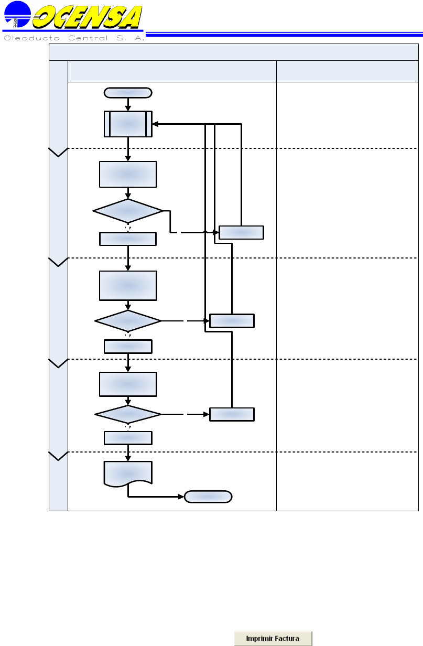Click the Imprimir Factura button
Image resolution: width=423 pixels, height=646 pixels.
[x=273, y=638]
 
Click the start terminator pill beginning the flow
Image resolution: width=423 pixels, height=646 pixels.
[x=128, y=93]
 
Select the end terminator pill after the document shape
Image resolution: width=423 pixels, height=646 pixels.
[x=208, y=496]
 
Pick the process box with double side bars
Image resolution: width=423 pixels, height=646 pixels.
[x=128, y=124]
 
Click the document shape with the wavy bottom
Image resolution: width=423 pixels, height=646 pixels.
[x=128, y=473]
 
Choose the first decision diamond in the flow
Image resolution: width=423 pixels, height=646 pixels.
[x=128, y=211]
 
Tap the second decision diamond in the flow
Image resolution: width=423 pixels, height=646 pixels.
[x=128, y=320]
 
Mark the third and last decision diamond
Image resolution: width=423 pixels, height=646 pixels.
[x=128, y=414]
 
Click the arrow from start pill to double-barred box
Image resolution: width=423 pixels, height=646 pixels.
[x=128, y=104]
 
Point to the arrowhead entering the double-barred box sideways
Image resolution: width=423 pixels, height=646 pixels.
[x=156, y=124]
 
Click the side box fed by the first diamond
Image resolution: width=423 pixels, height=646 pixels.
[x=241, y=232]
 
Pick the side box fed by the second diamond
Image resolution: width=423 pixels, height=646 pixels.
[x=232, y=320]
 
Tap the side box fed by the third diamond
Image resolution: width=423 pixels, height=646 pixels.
[x=232, y=414]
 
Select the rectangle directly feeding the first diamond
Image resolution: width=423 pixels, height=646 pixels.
[x=128, y=174]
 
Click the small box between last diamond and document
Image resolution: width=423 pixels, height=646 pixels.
[x=128, y=437]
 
